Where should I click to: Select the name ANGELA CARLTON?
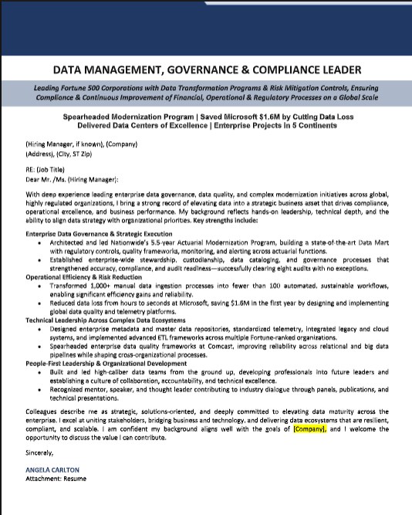coord(52,469)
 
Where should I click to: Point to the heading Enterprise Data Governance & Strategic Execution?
coord(98,232)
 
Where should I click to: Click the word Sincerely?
coord(40,452)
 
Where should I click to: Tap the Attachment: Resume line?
coord(56,479)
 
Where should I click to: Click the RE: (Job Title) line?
coord(46,168)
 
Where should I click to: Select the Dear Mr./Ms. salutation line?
coord(72,178)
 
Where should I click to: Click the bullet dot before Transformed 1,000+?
coord(39,285)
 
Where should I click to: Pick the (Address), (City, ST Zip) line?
coord(70,153)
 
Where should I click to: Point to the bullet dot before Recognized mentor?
coord(39,391)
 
